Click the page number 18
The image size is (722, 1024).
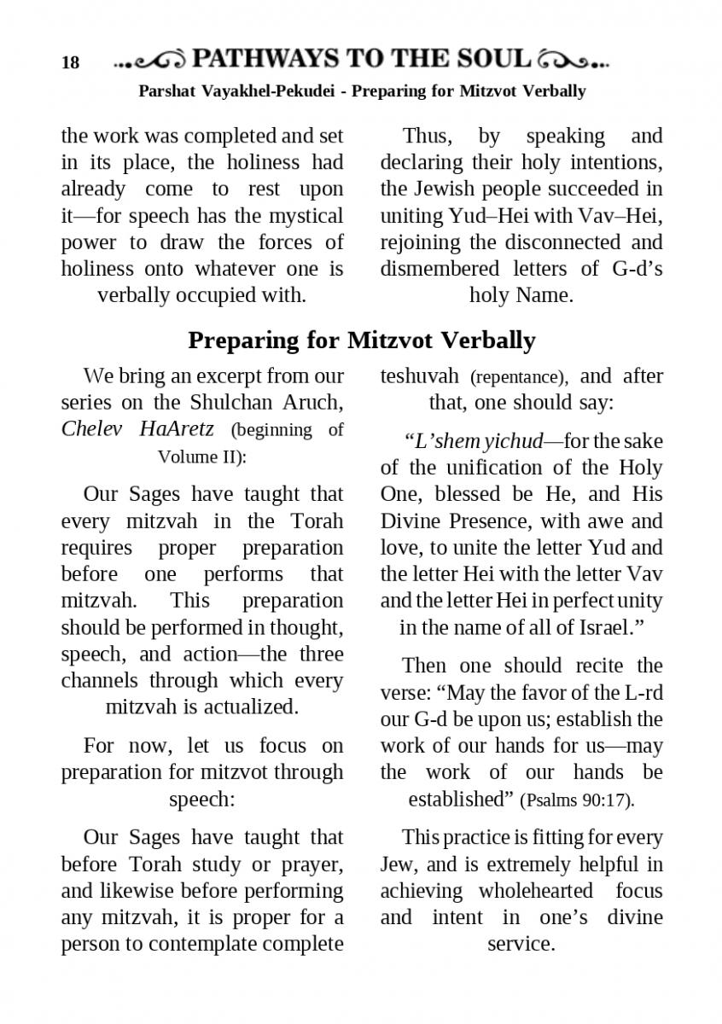[x=70, y=63]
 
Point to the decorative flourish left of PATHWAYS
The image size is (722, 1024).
[x=150, y=61]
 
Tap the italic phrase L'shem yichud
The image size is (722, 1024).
[x=474, y=441]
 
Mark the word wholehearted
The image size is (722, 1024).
[x=536, y=891]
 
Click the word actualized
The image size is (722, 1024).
[x=249, y=707]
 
